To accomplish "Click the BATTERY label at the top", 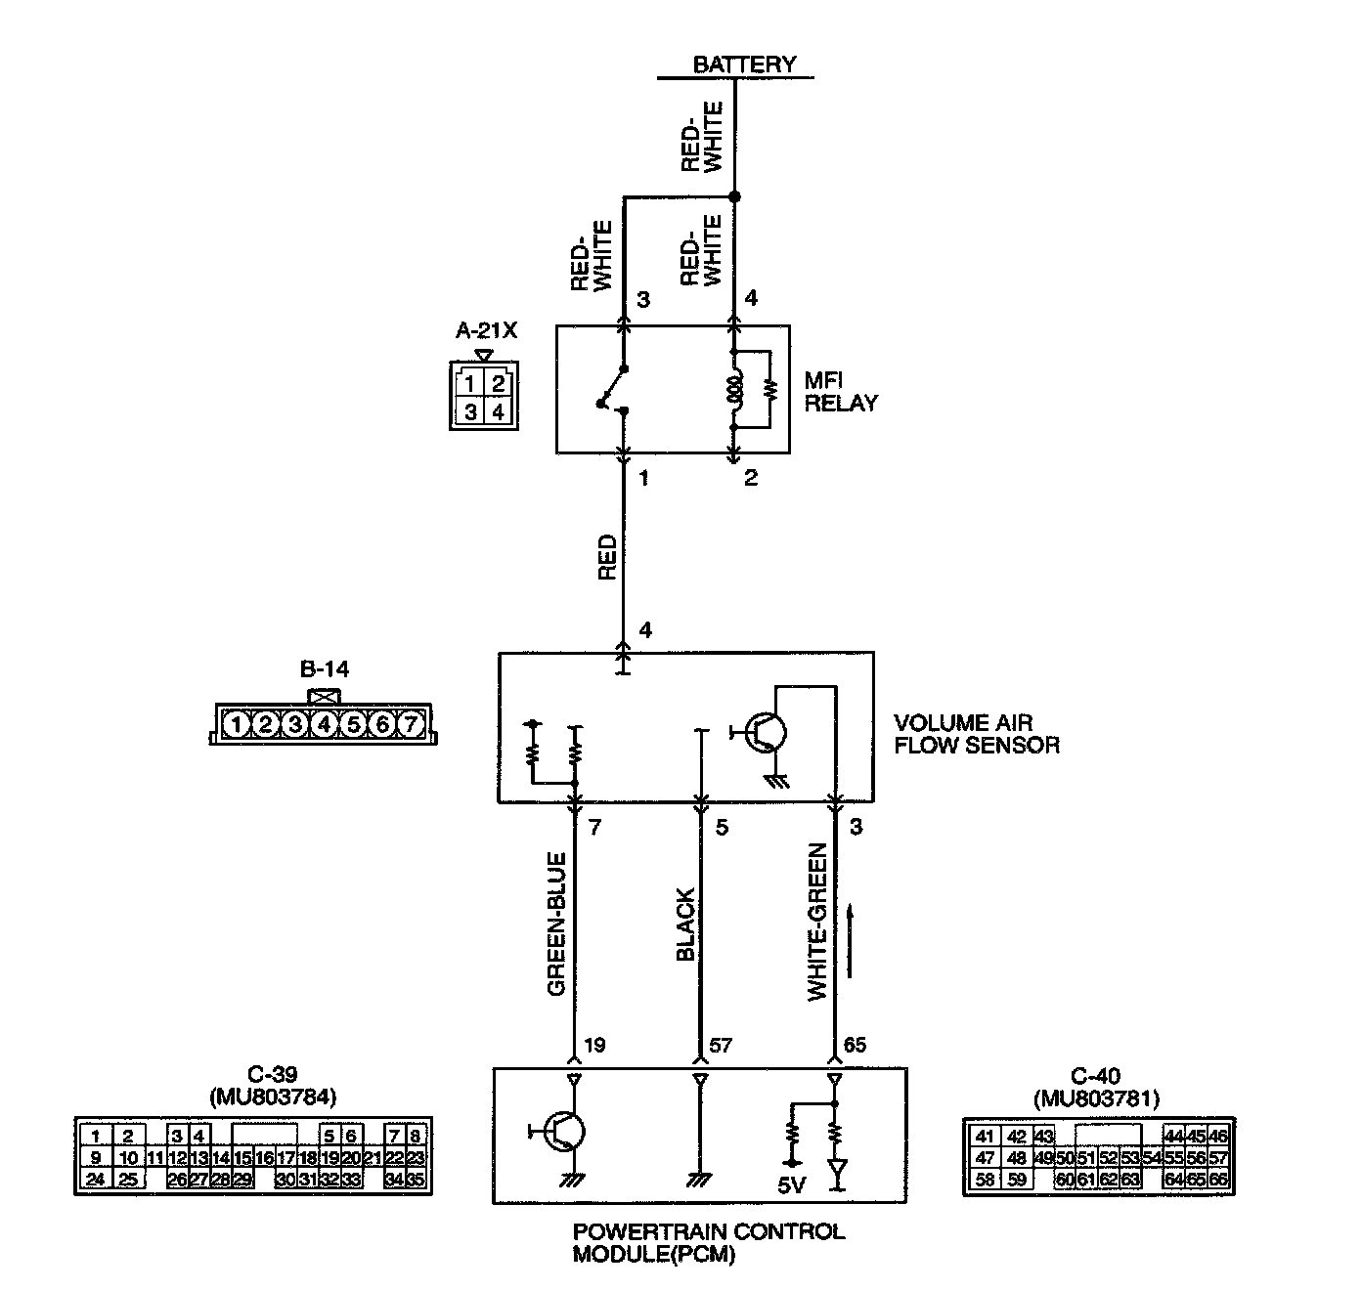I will [744, 64].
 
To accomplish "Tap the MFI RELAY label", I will [841, 391].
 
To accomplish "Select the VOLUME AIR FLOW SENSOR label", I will [976, 734].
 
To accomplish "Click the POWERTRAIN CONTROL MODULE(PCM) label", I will [708, 1242].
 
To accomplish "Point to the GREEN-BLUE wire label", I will [557, 924].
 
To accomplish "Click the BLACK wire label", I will [685, 924].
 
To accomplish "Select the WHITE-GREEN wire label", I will [817, 922].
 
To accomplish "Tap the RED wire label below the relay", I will [607, 557].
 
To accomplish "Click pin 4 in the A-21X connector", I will [498, 411].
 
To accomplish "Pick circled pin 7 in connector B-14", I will [413, 724].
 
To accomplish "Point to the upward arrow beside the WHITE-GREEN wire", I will [852, 940].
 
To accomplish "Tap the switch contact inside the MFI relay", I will [614, 390].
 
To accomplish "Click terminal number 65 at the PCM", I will [854, 1045].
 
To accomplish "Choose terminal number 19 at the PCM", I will [593, 1045].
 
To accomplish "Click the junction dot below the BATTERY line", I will [735, 196].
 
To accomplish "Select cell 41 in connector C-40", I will [985, 1136].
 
